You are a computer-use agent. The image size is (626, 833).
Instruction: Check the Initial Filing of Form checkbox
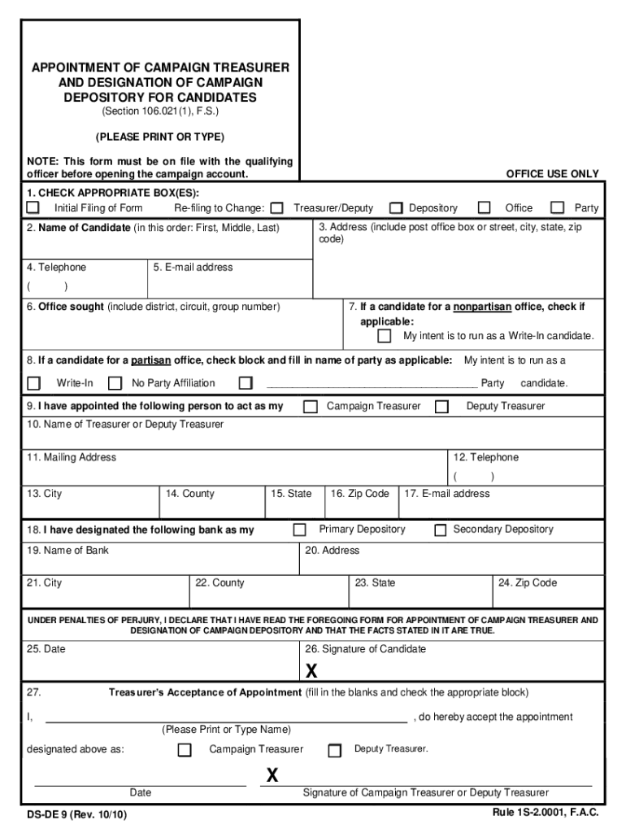coord(33,208)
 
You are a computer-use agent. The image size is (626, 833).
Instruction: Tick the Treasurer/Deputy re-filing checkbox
coord(277,208)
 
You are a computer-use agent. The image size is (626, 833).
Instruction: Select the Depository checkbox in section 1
coord(396,208)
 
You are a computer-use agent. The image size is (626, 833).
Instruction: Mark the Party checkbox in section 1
coord(558,208)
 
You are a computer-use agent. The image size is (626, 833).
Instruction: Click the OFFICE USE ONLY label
coord(552,174)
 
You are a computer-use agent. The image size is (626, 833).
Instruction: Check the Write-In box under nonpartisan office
coord(385,336)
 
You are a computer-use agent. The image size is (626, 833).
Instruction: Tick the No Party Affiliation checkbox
coord(115,383)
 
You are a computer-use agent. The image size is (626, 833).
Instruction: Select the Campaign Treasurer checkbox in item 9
coord(311,407)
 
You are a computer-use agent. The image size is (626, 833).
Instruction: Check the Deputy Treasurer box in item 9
coord(441,407)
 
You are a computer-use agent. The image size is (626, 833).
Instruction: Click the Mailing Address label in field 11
coord(72,457)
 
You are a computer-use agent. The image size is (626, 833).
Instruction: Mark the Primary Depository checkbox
coord(299,530)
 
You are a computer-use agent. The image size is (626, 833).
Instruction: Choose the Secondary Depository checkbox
coord(440,530)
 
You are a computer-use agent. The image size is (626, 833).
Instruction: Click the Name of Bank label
coord(67,551)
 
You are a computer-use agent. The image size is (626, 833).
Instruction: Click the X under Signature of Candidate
coord(311,671)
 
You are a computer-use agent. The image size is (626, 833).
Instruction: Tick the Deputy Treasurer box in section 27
coord(334,751)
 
